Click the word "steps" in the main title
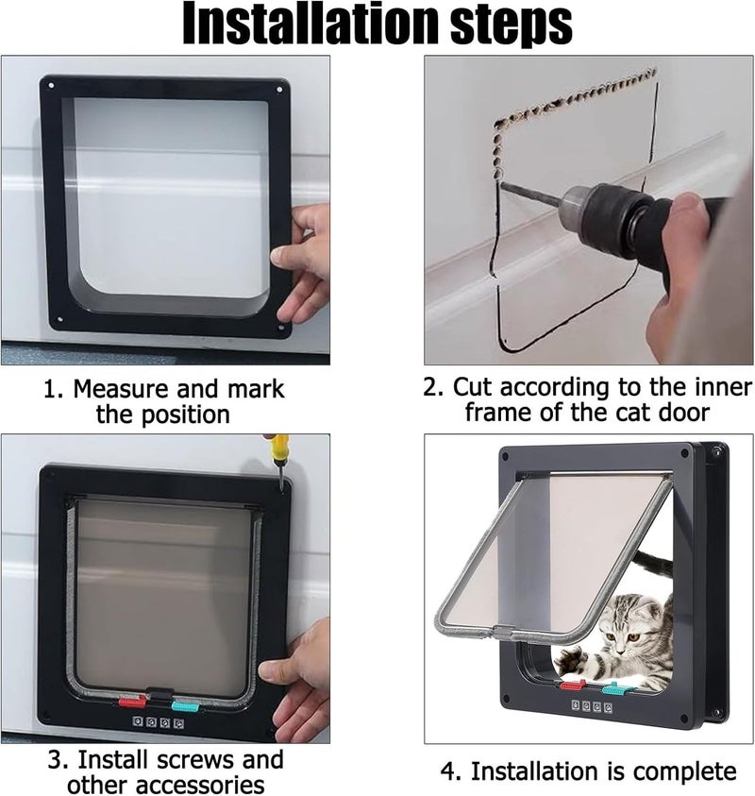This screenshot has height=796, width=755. tap(511, 25)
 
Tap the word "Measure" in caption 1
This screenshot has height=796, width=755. tap(120, 389)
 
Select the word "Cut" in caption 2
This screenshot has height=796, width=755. tap(473, 387)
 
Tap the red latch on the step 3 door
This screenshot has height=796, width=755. tap(132, 703)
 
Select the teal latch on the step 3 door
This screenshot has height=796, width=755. tap(185, 705)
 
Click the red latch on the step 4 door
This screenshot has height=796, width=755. tap(573, 686)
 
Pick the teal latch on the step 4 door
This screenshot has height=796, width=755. tap(615, 690)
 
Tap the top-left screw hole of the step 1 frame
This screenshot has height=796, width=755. tap(51, 85)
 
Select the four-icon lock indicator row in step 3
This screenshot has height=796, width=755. tap(159, 722)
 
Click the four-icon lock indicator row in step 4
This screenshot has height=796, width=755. tap(592, 706)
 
